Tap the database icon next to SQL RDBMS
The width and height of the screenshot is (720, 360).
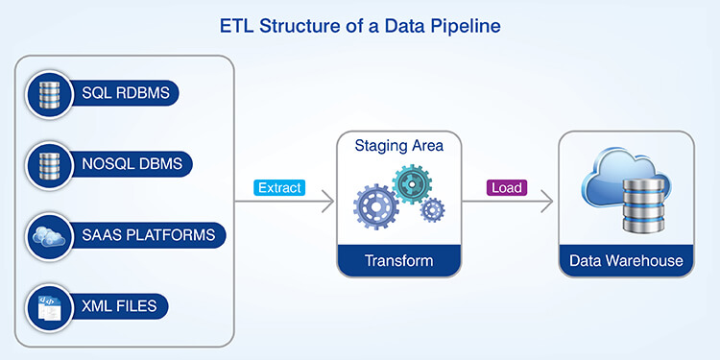[46, 94]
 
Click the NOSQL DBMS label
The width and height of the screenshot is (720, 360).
[125, 163]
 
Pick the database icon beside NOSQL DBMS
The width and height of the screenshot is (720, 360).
[46, 163]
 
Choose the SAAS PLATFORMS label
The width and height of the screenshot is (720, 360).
[140, 234]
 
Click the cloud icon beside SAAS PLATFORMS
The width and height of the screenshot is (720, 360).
[46, 234]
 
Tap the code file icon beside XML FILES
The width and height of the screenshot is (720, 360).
[46, 306]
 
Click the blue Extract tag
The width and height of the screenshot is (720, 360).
[278, 188]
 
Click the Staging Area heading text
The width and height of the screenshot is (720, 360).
[398, 146]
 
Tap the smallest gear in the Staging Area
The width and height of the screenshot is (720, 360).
[432, 208]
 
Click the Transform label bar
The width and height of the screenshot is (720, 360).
[398, 260]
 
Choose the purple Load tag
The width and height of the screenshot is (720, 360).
[507, 188]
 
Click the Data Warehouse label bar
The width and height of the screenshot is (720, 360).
[626, 260]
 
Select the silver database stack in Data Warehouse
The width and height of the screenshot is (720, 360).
[646, 207]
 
